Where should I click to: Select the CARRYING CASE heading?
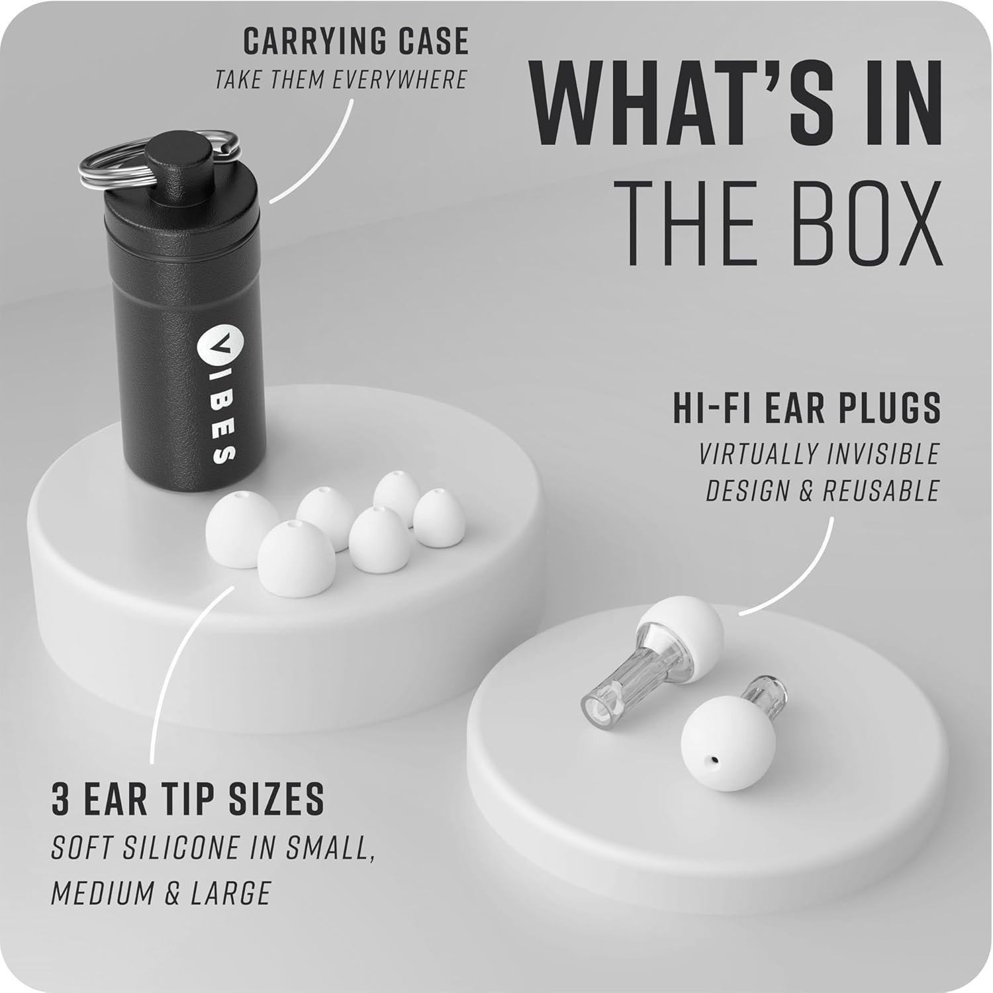[355, 42]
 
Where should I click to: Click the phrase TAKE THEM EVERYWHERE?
[341, 80]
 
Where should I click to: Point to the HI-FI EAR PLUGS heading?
[806, 408]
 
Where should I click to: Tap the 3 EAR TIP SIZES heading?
[188, 798]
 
